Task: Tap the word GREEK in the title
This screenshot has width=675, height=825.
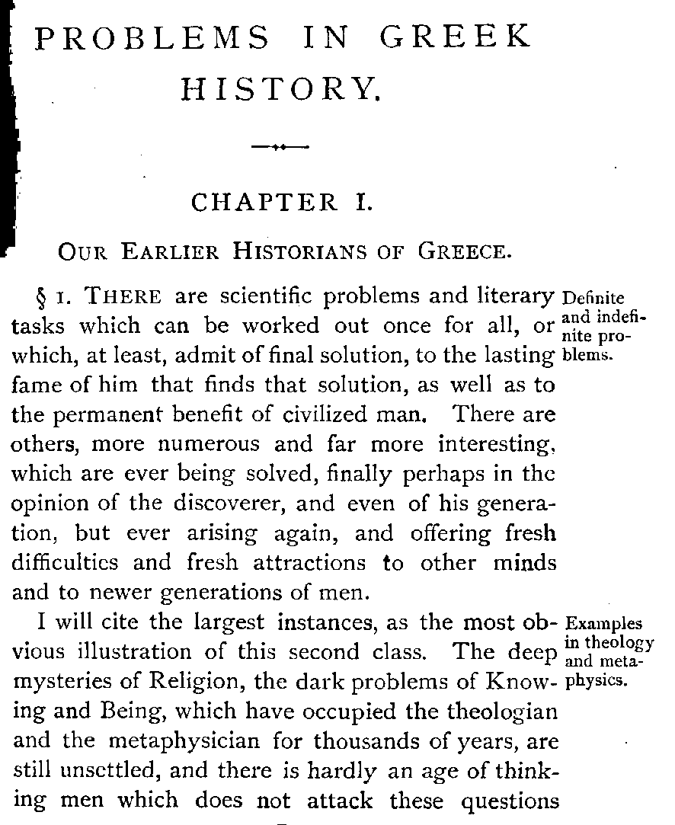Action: [x=455, y=37]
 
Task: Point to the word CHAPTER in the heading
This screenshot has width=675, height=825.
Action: [x=264, y=203]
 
